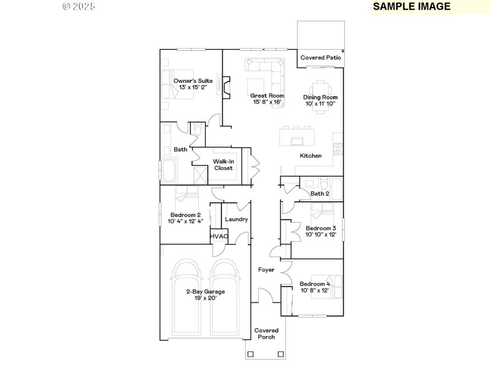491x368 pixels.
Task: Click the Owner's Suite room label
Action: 193,81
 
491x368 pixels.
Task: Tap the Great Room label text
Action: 267,96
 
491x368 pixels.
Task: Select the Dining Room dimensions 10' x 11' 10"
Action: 321,104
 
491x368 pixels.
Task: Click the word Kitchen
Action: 311,156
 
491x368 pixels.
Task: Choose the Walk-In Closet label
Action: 223,165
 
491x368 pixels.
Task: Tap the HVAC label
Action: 219,236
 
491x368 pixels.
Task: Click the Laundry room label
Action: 236,220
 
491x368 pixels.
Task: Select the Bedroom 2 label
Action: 185,215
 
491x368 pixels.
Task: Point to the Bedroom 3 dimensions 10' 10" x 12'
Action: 321,235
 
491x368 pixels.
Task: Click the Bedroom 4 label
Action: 315,284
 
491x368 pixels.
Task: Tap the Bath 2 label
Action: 319,194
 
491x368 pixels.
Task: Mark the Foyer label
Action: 266,270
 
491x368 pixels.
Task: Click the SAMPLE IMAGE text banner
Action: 412,7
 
